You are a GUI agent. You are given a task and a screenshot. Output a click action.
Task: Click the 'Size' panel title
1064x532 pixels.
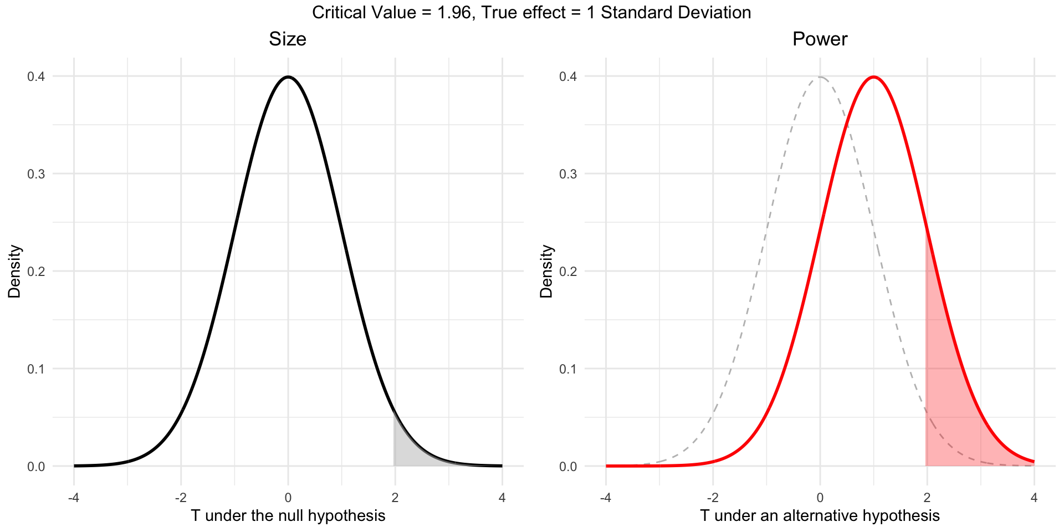(288, 39)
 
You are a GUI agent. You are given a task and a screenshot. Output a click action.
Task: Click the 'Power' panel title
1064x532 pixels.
(820, 39)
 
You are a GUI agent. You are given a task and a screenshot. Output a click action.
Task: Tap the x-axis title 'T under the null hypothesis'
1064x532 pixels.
(288, 516)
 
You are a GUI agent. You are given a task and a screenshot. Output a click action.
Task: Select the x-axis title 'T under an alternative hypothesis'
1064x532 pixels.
(820, 516)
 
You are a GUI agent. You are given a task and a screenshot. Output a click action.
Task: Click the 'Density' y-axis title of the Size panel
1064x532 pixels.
(14, 271)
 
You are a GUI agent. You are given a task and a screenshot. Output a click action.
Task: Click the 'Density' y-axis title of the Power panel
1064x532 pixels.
(546, 271)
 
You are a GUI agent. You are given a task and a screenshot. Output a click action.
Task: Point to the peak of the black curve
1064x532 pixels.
(288, 77)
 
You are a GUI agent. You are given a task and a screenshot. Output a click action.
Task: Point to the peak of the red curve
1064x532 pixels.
(873, 77)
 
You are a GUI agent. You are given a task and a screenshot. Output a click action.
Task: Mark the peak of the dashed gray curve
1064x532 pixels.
(820, 77)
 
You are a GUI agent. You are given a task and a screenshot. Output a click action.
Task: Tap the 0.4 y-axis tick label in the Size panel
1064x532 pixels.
(36, 76)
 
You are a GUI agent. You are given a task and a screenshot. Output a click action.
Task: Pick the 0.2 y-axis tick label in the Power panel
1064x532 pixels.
(568, 272)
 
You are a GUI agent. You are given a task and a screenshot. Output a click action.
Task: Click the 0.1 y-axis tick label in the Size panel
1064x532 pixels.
(36, 369)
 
